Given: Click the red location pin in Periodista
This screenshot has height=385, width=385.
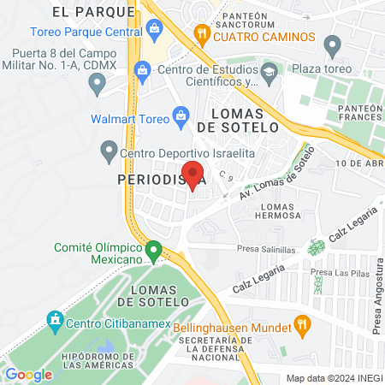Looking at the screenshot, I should (192, 175).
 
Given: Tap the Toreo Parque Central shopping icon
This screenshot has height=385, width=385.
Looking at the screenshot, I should (154, 33).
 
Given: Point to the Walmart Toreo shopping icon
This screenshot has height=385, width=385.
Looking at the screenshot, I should (181, 115).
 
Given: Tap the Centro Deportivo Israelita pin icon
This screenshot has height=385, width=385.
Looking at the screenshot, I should (109, 155).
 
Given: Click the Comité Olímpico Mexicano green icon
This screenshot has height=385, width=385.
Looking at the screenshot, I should (154, 252).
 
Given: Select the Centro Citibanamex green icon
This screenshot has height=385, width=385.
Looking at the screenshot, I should (56, 323).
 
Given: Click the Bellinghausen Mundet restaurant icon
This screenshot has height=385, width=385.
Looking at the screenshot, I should (301, 325).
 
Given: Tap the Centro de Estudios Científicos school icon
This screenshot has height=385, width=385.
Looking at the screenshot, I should (269, 68).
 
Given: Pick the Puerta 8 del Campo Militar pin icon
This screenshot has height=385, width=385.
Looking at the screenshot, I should (97, 84).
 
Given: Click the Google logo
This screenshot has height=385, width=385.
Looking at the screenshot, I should (28, 374).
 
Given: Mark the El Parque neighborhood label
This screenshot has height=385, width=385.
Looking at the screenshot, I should (82, 12).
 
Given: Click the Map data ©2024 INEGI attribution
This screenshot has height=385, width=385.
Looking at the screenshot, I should (334, 377).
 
